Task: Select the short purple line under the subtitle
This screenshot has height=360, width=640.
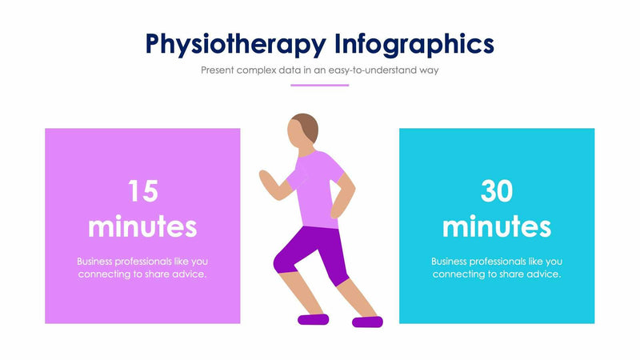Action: point(319,85)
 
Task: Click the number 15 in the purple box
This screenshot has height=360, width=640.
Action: point(142,190)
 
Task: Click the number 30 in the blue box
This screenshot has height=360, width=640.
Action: point(496,190)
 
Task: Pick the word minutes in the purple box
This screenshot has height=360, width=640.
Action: point(142,226)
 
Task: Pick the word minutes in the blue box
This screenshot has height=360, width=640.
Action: point(496,226)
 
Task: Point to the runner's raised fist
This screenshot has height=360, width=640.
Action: point(265,176)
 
